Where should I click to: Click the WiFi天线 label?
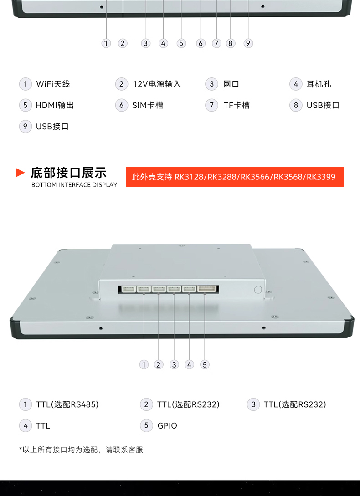tap(53, 84)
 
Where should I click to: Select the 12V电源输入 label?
tap(157, 84)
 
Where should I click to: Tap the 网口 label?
tap(231, 84)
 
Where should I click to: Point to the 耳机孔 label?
tap(319, 84)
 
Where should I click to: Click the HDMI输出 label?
tap(55, 105)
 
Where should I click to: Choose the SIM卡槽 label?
tap(148, 105)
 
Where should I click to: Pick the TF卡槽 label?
tap(237, 105)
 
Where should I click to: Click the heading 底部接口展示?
tap(69, 173)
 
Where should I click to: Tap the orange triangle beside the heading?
tap(20, 173)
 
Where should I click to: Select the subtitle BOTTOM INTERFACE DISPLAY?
tap(74, 185)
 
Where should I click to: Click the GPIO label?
tap(167, 426)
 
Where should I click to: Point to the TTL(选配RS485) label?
tap(67, 404)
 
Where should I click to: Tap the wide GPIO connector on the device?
tap(207, 289)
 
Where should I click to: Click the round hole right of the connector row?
tap(258, 289)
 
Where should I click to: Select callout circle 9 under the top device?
tap(248, 43)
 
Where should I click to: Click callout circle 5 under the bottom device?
tap(205, 365)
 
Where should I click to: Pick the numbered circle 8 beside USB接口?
tap(296, 105)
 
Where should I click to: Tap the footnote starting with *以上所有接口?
tap(81, 450)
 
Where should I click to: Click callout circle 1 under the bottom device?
tap(144, 365)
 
